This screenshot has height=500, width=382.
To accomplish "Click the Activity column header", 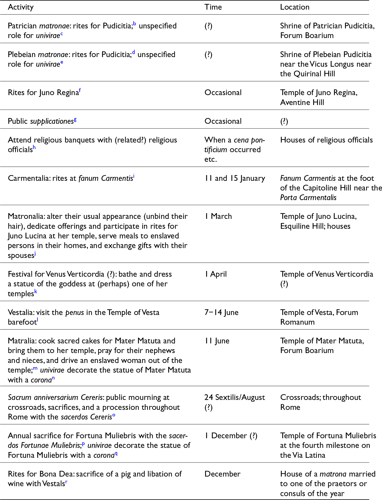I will [x=21, y=7].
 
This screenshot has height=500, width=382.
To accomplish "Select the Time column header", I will [x=213, y=7].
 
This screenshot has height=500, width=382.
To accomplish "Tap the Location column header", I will [x=295, y=7].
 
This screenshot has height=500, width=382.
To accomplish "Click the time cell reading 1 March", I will [x=218, y=216].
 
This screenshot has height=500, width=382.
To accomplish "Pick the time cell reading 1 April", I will [x=216, y=274].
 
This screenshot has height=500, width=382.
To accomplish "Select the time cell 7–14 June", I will [x=221, y=312].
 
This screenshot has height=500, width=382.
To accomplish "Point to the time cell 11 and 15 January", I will [x=235, y=178].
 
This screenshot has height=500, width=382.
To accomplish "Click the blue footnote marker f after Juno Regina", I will [x=80, y=90].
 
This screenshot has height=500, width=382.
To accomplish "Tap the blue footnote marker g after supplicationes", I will [x=75, y=119].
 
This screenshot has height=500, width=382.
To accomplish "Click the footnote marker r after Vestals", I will [x=66, y=482].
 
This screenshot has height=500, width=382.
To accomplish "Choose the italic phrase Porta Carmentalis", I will [x=308, y=197].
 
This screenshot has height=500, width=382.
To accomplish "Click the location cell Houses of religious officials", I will [x=326, y=140].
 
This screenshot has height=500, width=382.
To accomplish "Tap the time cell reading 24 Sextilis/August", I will [x=234, y=397].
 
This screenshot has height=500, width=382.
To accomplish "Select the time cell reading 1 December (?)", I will [x=231, y=436].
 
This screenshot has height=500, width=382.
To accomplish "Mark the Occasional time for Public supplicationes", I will [x=223, y=121].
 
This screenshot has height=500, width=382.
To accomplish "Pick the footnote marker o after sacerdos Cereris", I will [x=114, y=415].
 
